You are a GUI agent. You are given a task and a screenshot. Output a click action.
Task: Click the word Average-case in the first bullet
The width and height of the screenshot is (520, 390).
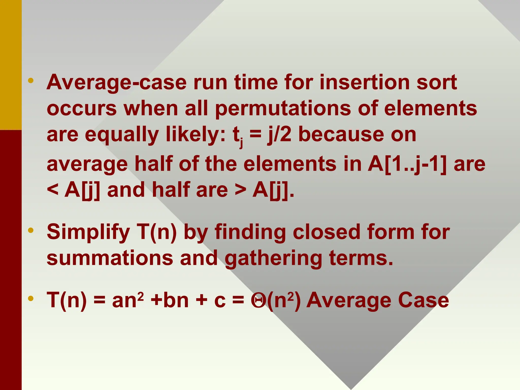(x=117, y=83)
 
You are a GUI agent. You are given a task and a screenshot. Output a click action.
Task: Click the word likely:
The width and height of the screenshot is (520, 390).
(x=196, y=135)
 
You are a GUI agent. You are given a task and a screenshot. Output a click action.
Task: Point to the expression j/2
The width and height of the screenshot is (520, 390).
(x=279, y=135)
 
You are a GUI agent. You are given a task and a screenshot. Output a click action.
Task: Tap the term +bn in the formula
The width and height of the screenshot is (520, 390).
(x=170, y=300)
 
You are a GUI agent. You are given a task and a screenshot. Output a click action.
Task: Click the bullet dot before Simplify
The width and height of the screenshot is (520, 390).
(x=31, y=231)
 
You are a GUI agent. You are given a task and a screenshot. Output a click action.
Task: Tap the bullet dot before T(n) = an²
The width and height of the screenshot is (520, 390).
(x=31, y=299)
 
